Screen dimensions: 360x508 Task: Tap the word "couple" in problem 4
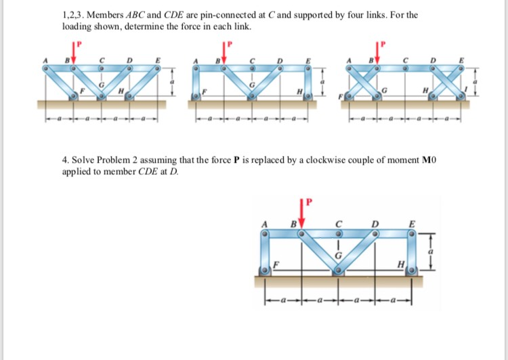point(381,161)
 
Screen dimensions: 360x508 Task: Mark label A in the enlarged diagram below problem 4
point(266,224)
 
